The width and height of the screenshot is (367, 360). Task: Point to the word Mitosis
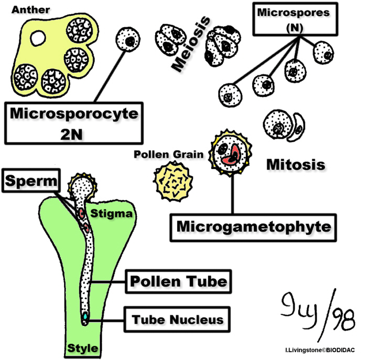coord(296,164)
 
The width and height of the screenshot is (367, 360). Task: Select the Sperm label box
coord(33,182)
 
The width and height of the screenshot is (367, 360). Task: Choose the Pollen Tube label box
coord(178,281)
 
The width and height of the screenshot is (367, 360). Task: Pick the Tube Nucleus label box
coord(178,319)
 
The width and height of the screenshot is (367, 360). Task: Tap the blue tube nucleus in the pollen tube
coord(85,316)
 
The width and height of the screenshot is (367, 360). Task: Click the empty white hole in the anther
coord(38,37)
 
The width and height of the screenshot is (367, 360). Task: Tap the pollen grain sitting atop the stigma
coord(84,187)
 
